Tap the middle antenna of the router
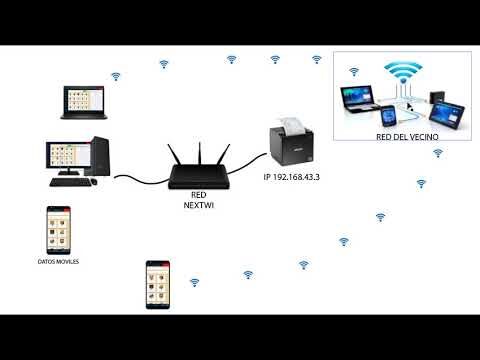pyautogui.click(x=200, y=153)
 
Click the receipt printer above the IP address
pyautogui.click(x=291, y=144)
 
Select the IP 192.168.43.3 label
pyautogui.click(x=292, y=177)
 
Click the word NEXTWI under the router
pyautogui.click(x=199, y=205)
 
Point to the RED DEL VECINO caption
pyautogui.click(x=407, y=137)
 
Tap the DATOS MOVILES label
pyautogui.click(x=58, y=262)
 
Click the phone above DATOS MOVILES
pyautogui.click(x=59, y=230)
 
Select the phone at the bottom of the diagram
pyautogui.click(x=158, y=285)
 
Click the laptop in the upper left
pyautogui.click(x=84, y=102)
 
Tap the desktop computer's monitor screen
pyautogui.click(x=68, y=155)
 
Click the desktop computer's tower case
pyautogui.click(x=101, y=156)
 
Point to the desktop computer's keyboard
pyautogui.click(x=71, y=182)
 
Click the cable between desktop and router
pyautogui.click(x=142, y=180)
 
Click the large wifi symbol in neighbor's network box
pyautogui.click(x=403, y=72)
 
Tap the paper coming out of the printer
pyautogui.click(x=292, y=124)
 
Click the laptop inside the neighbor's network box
pyautogui.click(x=359, y=99)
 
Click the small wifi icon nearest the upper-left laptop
pyautogui.click(x=116, y=77)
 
